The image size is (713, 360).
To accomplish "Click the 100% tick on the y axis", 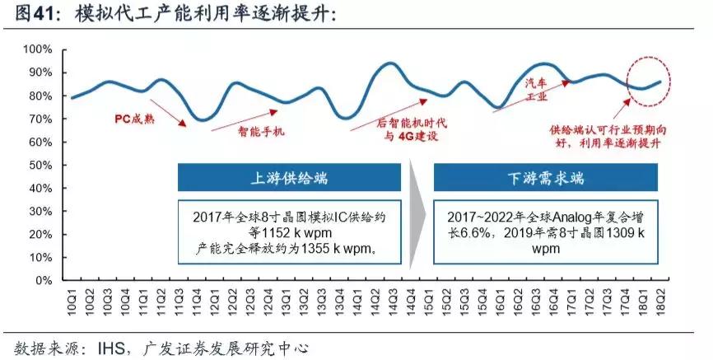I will coord(36,49).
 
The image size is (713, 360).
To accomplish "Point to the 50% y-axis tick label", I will coord(40,166).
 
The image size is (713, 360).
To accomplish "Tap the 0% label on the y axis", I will coord(43,281).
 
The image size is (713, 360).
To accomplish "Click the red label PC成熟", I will coord(133,117).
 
